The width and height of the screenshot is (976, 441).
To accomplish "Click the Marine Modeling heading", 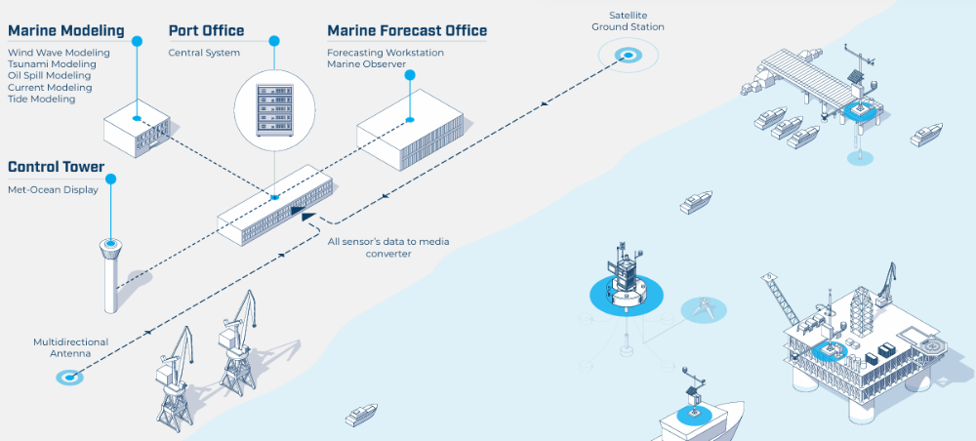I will (x=66, y=30).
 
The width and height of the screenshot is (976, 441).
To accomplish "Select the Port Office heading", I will (x=206, y=30).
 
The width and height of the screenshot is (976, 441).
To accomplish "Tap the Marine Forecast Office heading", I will (x=407, y=30).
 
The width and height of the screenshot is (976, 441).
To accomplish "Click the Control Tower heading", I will (x=56, y=168).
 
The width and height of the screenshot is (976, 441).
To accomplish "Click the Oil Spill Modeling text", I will (x=49, y=76).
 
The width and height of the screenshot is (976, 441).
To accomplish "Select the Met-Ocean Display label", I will (x=53, y=190).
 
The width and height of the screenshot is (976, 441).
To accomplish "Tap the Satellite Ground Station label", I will (x=628, y=21).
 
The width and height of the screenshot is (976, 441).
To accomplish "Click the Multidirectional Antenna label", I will (x=70, y=348).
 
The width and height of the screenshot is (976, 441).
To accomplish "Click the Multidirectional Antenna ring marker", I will (x=70, y=376).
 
